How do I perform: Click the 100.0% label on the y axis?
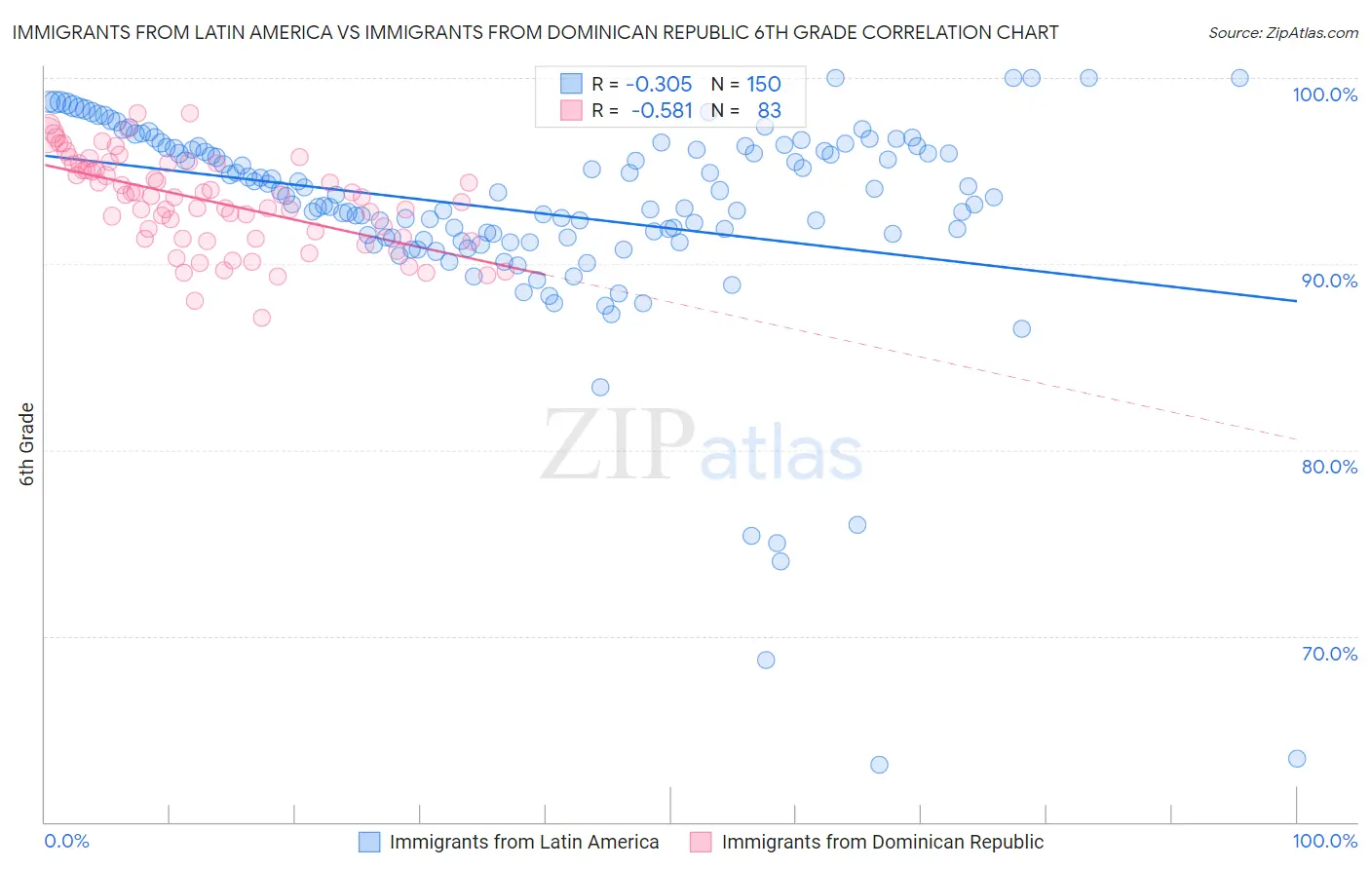1324,94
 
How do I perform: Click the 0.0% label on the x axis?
67,841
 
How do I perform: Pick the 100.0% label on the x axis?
1324,841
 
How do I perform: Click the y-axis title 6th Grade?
27,443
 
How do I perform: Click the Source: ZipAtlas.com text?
1282,32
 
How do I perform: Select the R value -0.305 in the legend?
659,84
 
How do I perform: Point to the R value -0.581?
662,110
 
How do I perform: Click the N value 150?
764,84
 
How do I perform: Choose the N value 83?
769,110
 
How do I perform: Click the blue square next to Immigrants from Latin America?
369,842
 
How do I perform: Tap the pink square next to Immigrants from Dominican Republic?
701,842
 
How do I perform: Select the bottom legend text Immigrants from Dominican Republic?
882,842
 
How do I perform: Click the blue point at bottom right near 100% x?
1296,759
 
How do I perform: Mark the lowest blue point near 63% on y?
879,765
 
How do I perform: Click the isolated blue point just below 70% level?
766,660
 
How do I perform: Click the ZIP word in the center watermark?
617,445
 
